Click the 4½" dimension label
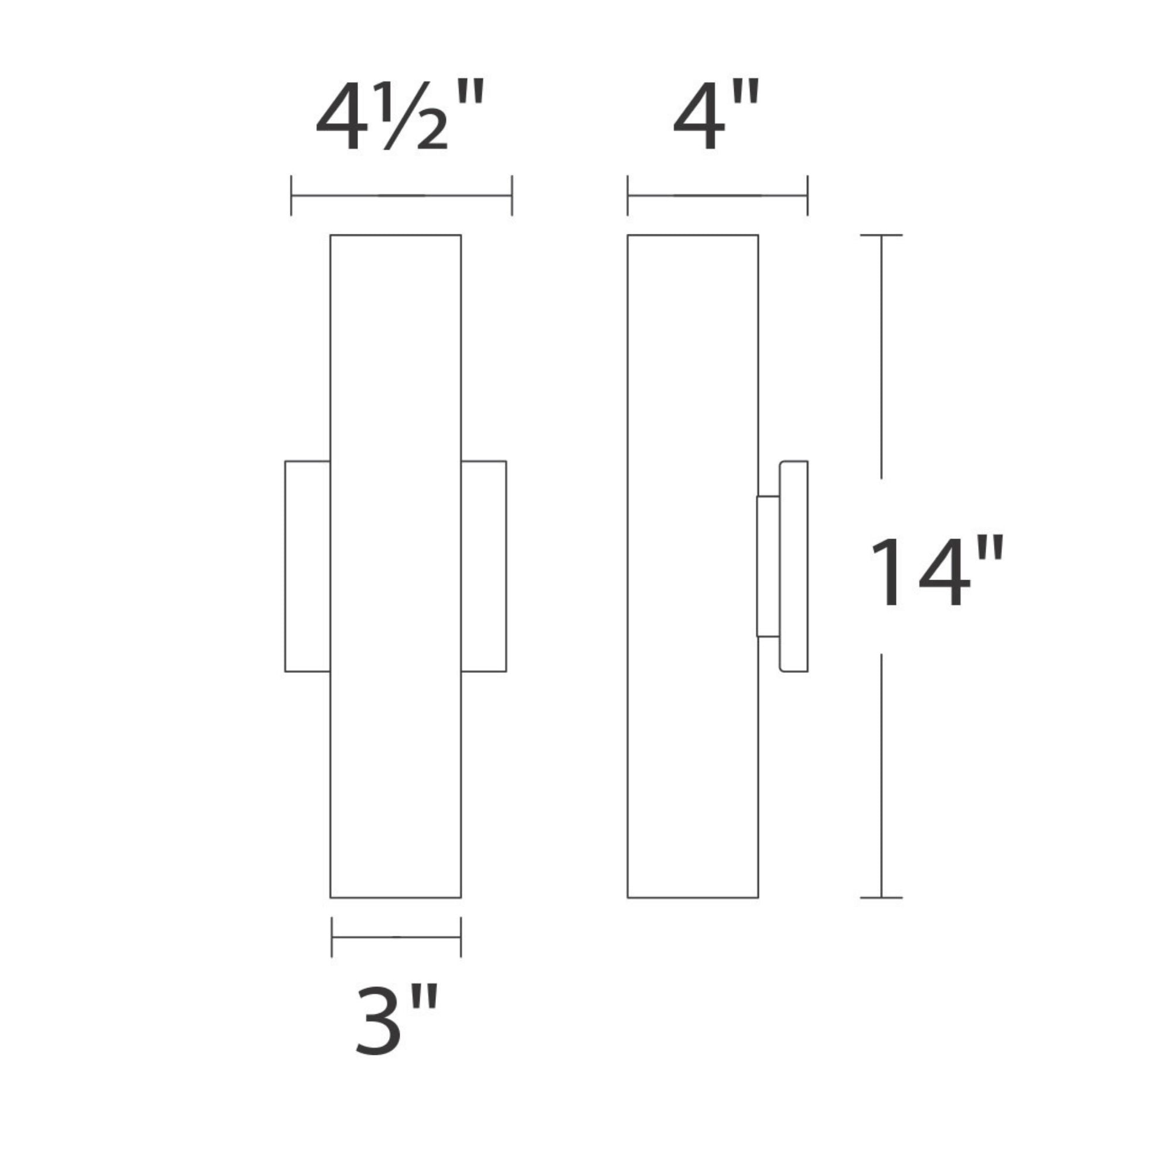tap(400, 117)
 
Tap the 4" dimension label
tap(716, 117)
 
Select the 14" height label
tap(937, 571)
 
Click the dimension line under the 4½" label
tap(401, 195)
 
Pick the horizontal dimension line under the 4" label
tap(717, 195)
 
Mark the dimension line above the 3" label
tap(396, 937)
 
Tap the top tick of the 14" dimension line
tap(881, 235)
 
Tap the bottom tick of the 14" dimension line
tap(881, 897)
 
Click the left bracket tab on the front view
tap(308, 566)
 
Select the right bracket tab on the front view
tap(483, 566)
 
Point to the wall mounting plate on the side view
tap(793, 566)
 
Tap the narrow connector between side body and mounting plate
tap(768, 566)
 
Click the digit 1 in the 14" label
tap(889, 571)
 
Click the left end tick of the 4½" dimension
tap(291, 195)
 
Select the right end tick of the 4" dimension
tap(808, 195)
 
